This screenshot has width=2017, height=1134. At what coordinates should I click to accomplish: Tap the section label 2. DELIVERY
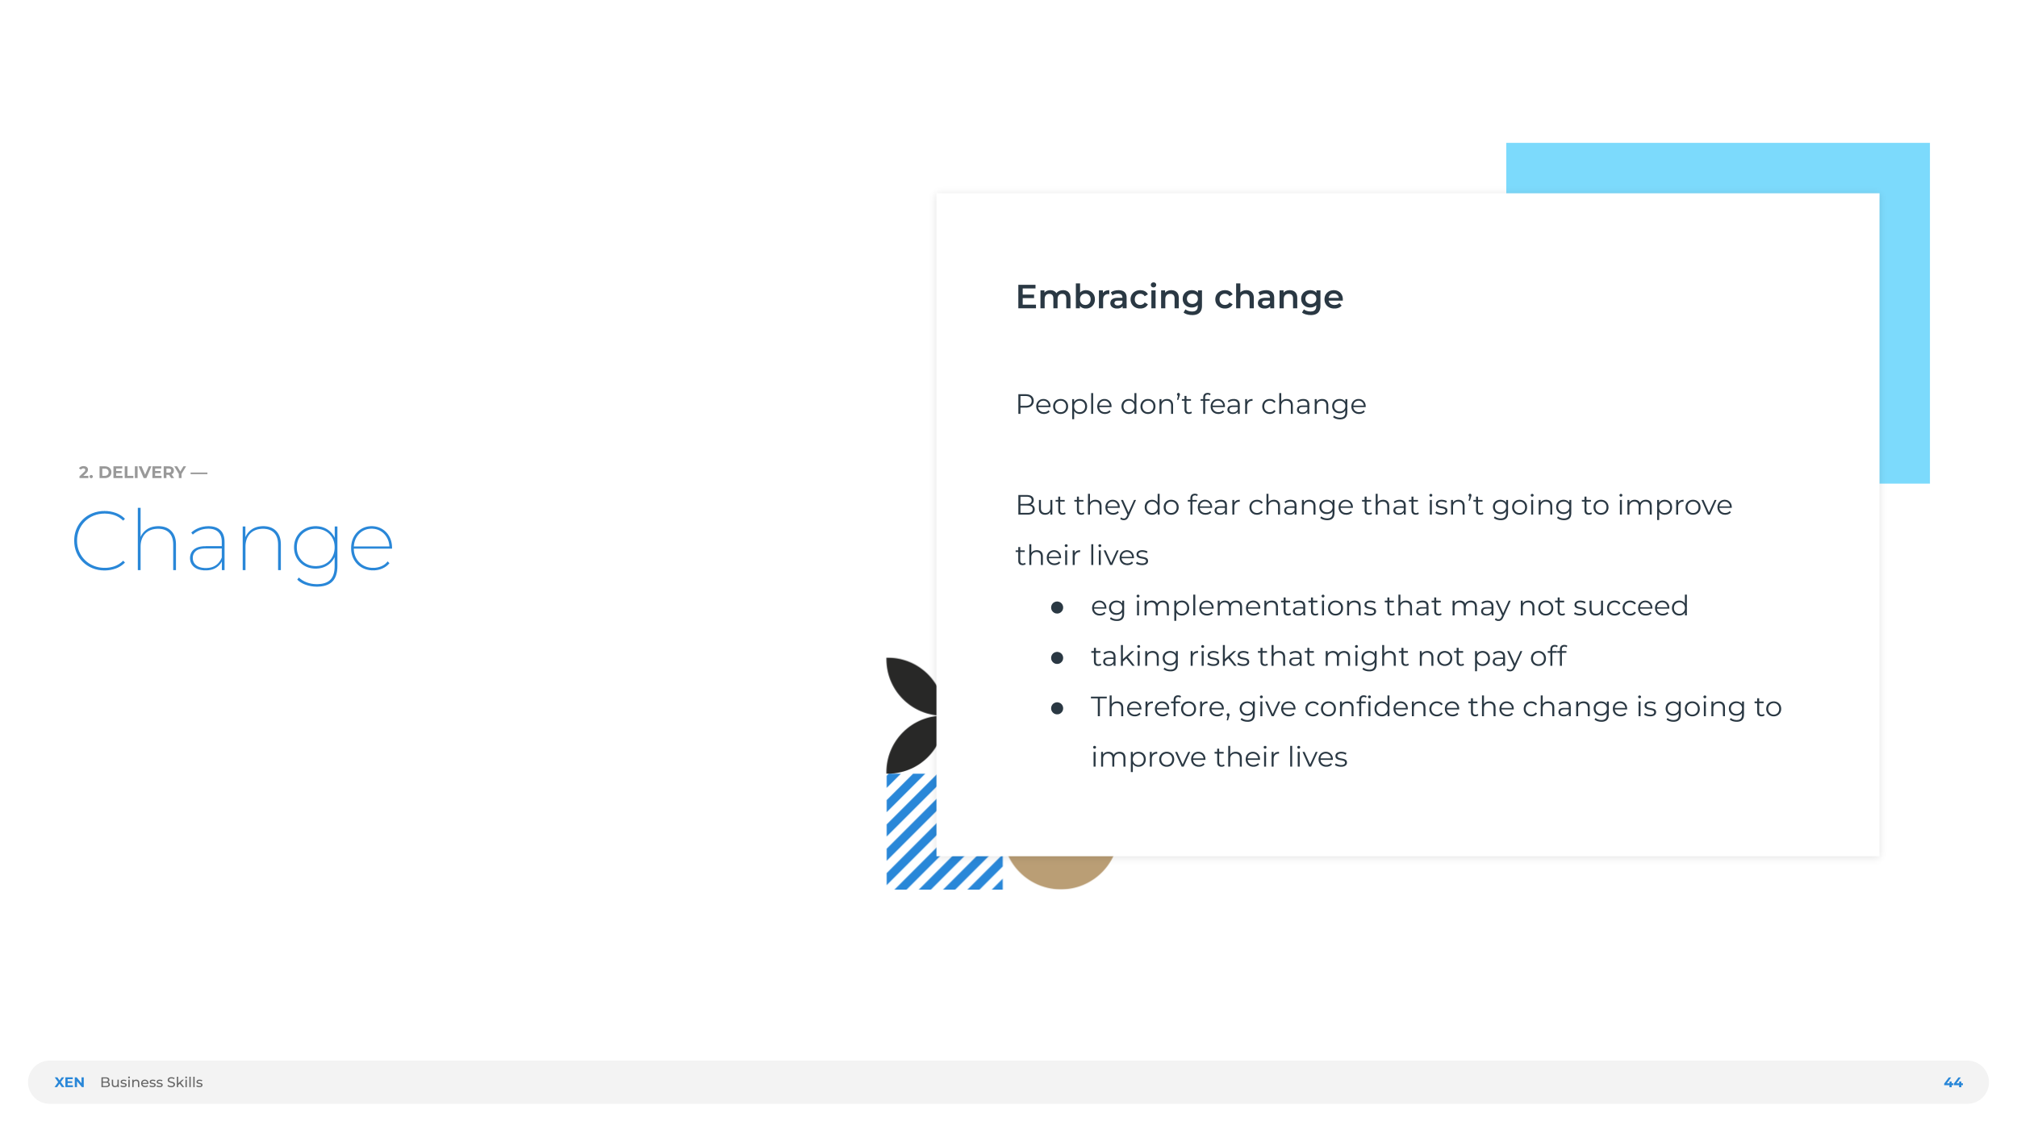click(x=133, y=473)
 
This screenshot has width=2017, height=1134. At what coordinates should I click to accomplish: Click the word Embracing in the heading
click(x=1109, y=297)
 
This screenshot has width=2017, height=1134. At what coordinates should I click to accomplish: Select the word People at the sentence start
click(x=1063, y=404)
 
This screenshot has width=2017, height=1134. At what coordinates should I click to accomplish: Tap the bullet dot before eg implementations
click(x=1057, y=607)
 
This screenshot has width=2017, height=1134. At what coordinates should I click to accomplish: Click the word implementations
click(x=1255, y=606)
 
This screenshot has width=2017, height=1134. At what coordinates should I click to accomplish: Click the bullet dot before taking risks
click(x=1057, y=658)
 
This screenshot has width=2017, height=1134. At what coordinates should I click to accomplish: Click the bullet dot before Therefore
click(x=1057, y=709)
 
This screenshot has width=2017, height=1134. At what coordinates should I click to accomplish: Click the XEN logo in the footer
click(x=69, y=1082)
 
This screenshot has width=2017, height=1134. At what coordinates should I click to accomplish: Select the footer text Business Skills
click(x=151, y=1082)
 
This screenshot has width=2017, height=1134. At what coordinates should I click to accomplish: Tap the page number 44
click(x=1952, y=1082)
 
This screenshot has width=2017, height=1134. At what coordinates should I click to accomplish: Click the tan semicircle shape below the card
click(x=1060, y=873)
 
